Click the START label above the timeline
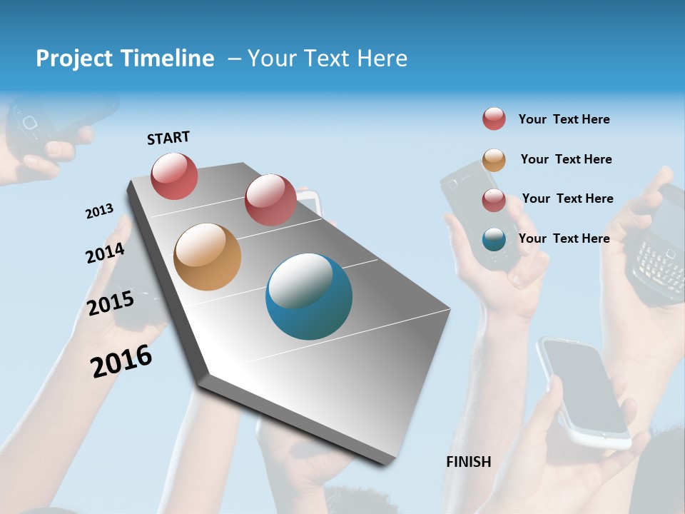[x=168, y=138]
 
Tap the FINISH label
[x=468, y=462]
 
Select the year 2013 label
[x=99, y=211]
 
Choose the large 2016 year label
[x=121, y=361]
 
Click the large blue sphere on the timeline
[x=308, y=296]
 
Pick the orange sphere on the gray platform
[x=207, y=257]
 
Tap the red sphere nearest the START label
[x=174, y=176]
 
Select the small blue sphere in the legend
[x=494, y=240]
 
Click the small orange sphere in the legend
[x=494, y=160]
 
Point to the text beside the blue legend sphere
[x=564, y=238]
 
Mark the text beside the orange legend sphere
[x=566, y=159]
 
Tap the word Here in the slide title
[x=382, y=59]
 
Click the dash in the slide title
[x=234, y=59]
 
